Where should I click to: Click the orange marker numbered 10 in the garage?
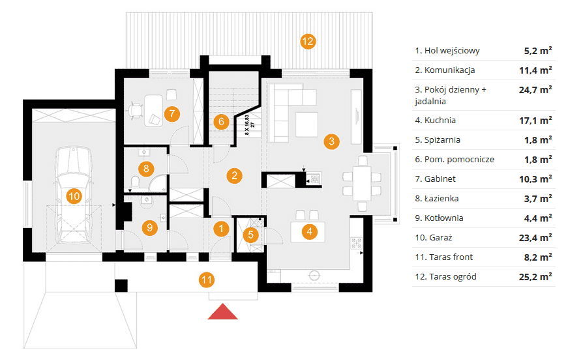point(74,195)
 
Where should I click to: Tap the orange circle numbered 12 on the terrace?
point(308,42)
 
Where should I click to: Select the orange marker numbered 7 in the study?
point(171,113)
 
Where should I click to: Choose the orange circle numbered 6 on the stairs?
point(221,121)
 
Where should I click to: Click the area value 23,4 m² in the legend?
point(538,237)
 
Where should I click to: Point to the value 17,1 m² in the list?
point(538,121)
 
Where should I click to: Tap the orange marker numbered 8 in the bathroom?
point(147,169)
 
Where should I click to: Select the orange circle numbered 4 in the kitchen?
point(310,229)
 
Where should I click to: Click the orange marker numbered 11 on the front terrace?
point(207,280)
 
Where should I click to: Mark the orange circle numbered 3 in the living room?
point(331,140)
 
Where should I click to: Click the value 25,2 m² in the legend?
point(538,276)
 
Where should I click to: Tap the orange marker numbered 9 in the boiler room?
point(149,227)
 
